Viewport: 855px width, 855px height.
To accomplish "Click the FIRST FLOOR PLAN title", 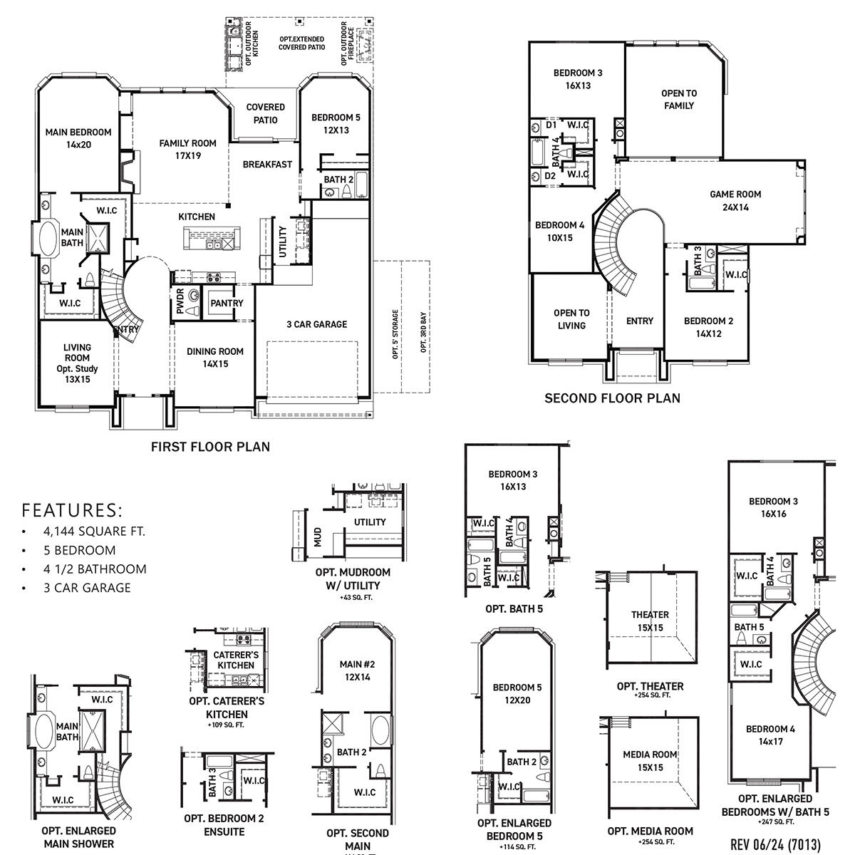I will coord(211,447).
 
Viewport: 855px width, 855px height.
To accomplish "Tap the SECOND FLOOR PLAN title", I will coord(612,398).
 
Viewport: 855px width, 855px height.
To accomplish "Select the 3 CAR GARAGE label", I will coord(316,324).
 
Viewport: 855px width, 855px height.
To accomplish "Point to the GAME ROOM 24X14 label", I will coord(735,200).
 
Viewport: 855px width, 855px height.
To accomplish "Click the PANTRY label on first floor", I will coord(227,303).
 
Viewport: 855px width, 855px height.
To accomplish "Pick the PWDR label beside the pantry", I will coord(180,302).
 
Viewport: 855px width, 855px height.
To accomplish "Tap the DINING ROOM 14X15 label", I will coord(214,357).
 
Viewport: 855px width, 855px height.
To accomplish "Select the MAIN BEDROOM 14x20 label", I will coord(78,138).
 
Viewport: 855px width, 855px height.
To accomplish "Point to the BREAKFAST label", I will coord(267,164).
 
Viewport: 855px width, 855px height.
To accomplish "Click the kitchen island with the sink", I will coord(212,239).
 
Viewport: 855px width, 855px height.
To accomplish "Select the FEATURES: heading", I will coord(72,510).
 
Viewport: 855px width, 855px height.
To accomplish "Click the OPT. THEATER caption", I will coord(650,686).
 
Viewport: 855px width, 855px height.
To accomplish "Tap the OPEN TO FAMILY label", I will coord(678,99).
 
